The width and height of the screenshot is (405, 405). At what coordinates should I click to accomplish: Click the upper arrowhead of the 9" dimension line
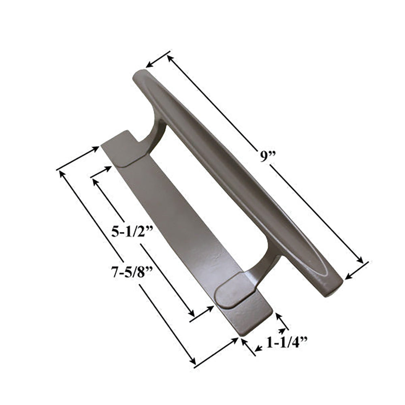[x=170, y=58]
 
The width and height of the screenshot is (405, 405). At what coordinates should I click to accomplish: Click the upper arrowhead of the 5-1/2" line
[x=95, y=181]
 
